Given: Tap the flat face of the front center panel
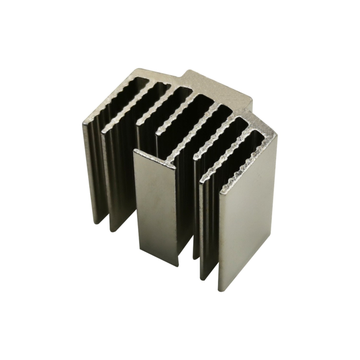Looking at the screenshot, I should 155,207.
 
